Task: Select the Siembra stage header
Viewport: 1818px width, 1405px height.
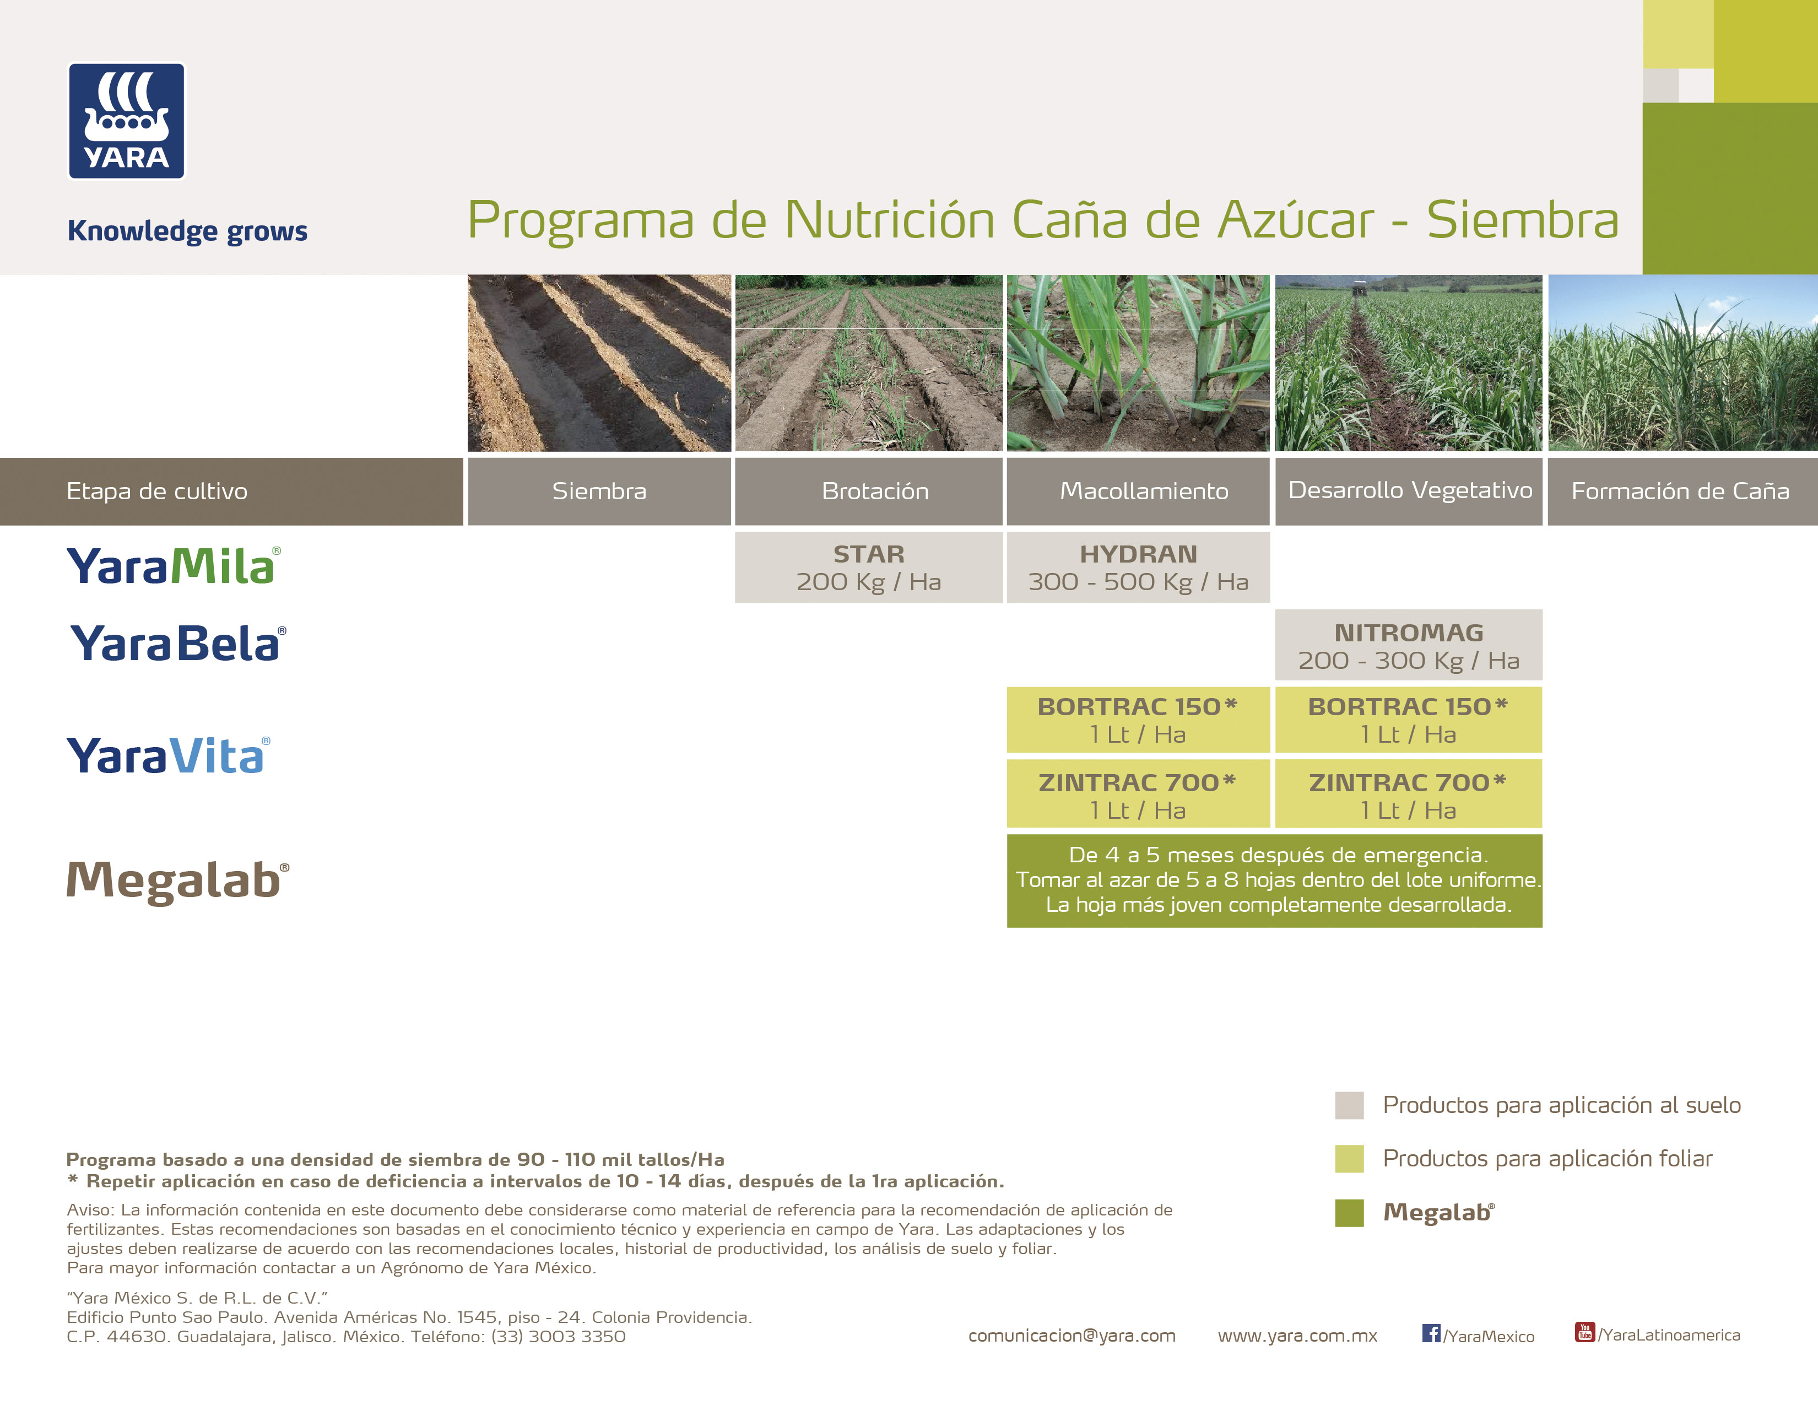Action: pos(599,491)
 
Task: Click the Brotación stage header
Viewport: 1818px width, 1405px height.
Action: pos(868,491)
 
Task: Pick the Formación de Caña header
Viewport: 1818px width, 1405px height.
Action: pos(1682,491)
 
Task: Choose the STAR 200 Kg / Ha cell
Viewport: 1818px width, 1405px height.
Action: pos(868,568)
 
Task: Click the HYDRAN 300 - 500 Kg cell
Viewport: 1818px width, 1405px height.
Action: pos(1138,568)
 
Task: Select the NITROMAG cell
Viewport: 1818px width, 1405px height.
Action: pos(1409,645)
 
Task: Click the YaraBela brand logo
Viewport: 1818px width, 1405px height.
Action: pos(178,644)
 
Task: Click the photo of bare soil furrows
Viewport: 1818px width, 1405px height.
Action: pos(599,363)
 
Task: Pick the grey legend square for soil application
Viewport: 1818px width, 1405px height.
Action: pos(1349,1105)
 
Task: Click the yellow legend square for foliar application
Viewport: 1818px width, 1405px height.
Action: pos(1349,1159)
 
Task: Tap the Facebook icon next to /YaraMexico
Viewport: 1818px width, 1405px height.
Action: pos(1431,1333)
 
